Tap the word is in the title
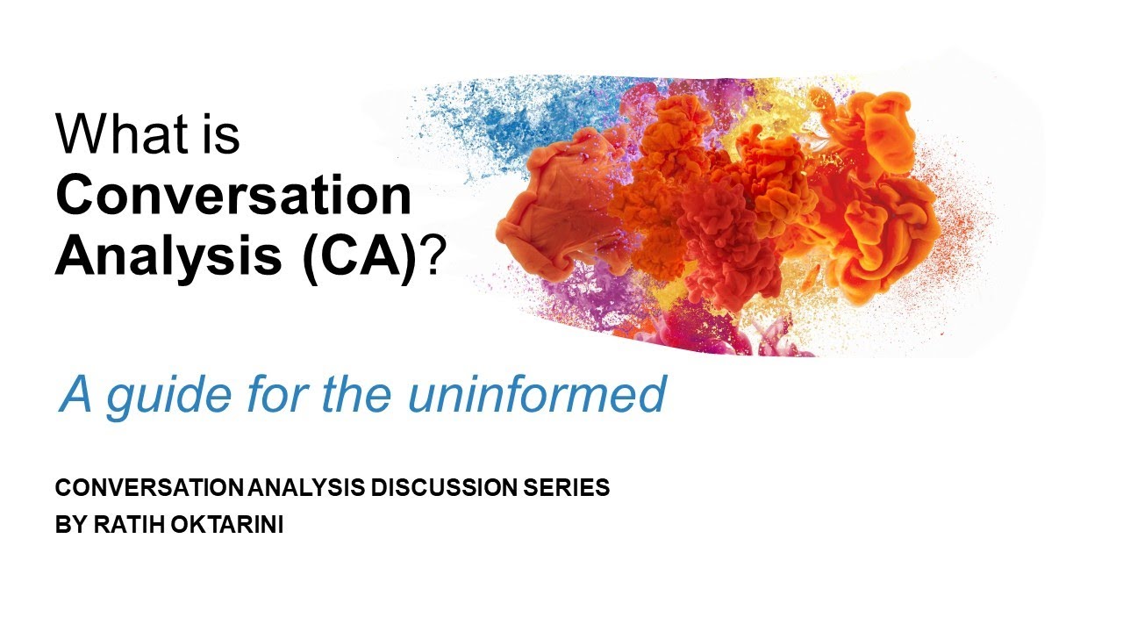(x=222, y=135)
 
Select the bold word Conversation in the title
(x=233, y=197)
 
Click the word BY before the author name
(x=67, y=528)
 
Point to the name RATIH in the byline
(x=119, y=528)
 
